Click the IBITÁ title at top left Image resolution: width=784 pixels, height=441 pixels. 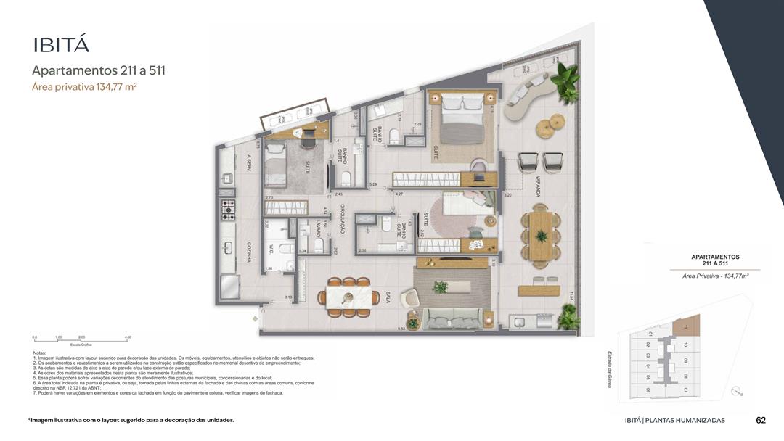61,44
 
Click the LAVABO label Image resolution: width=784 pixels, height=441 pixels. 317,230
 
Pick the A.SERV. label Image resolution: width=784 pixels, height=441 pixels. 248,161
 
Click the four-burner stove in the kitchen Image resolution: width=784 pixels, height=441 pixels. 229,210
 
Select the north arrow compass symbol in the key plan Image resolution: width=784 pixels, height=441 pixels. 738,391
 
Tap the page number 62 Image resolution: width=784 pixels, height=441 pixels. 761,420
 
